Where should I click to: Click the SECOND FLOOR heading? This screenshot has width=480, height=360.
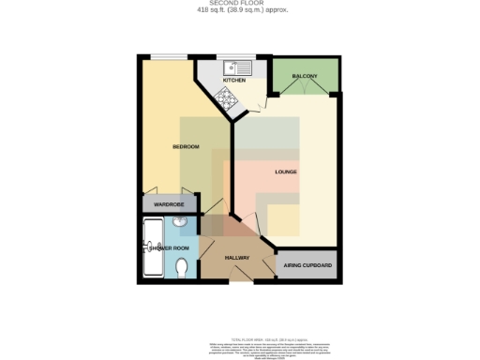[x=242, y=4]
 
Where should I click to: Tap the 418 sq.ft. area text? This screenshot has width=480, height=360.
[x=242, y=10]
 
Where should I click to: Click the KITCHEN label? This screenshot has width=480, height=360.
[x=232, y=80]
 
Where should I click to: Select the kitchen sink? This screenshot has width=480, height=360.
[x=237, y=67]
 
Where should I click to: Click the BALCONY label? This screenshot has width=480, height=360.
[x=304, y=75]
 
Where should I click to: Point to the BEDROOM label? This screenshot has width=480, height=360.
[x=186, y=147]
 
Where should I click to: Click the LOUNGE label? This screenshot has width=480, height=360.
[x=286, y=172]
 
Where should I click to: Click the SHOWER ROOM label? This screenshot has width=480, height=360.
[x=169, y=247]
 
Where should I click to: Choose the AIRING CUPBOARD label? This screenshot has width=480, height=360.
[x=308, y=266]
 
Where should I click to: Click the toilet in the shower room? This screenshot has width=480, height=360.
[x=182, y=267]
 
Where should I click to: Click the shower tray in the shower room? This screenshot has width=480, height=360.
[x=152, y=247]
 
